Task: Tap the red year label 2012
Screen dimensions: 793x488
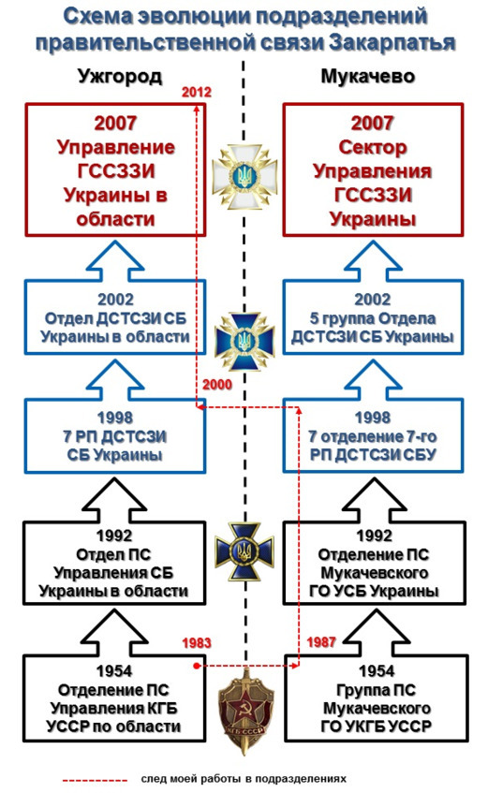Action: coord(198,93)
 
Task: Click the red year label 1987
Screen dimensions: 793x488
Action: coord(320,643)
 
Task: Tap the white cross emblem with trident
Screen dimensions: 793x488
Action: coord(243,174)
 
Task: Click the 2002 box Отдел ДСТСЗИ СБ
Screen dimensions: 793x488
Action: coord(116,325)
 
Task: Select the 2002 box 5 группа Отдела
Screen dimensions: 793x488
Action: coord(371,325)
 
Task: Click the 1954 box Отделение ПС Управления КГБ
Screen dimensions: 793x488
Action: coord(116,700)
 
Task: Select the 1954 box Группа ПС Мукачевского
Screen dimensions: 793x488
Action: coord(371,700)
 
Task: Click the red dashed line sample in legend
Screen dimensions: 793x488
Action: coord(95,779)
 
